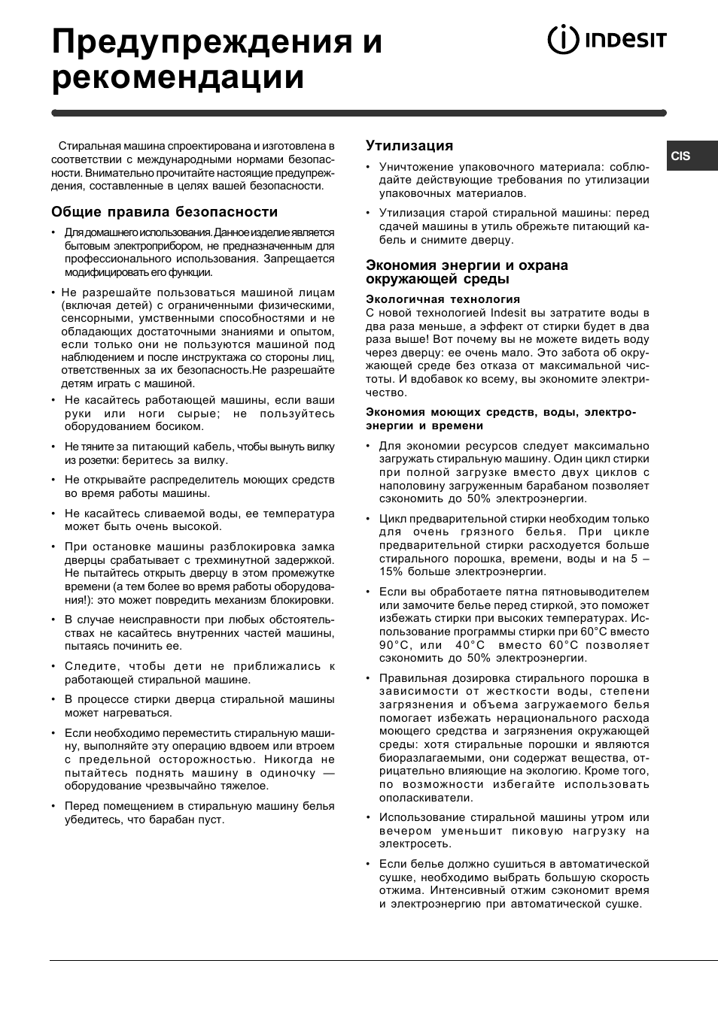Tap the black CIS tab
(692, 156)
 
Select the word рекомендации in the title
(178, 77)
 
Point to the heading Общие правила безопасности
(164, 212)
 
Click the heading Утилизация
(409, 146)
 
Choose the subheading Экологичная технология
(443, 299)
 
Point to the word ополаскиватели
(426, 798)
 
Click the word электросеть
(414, 844)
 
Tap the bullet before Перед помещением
(54, 807)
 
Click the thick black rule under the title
(358, 113)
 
